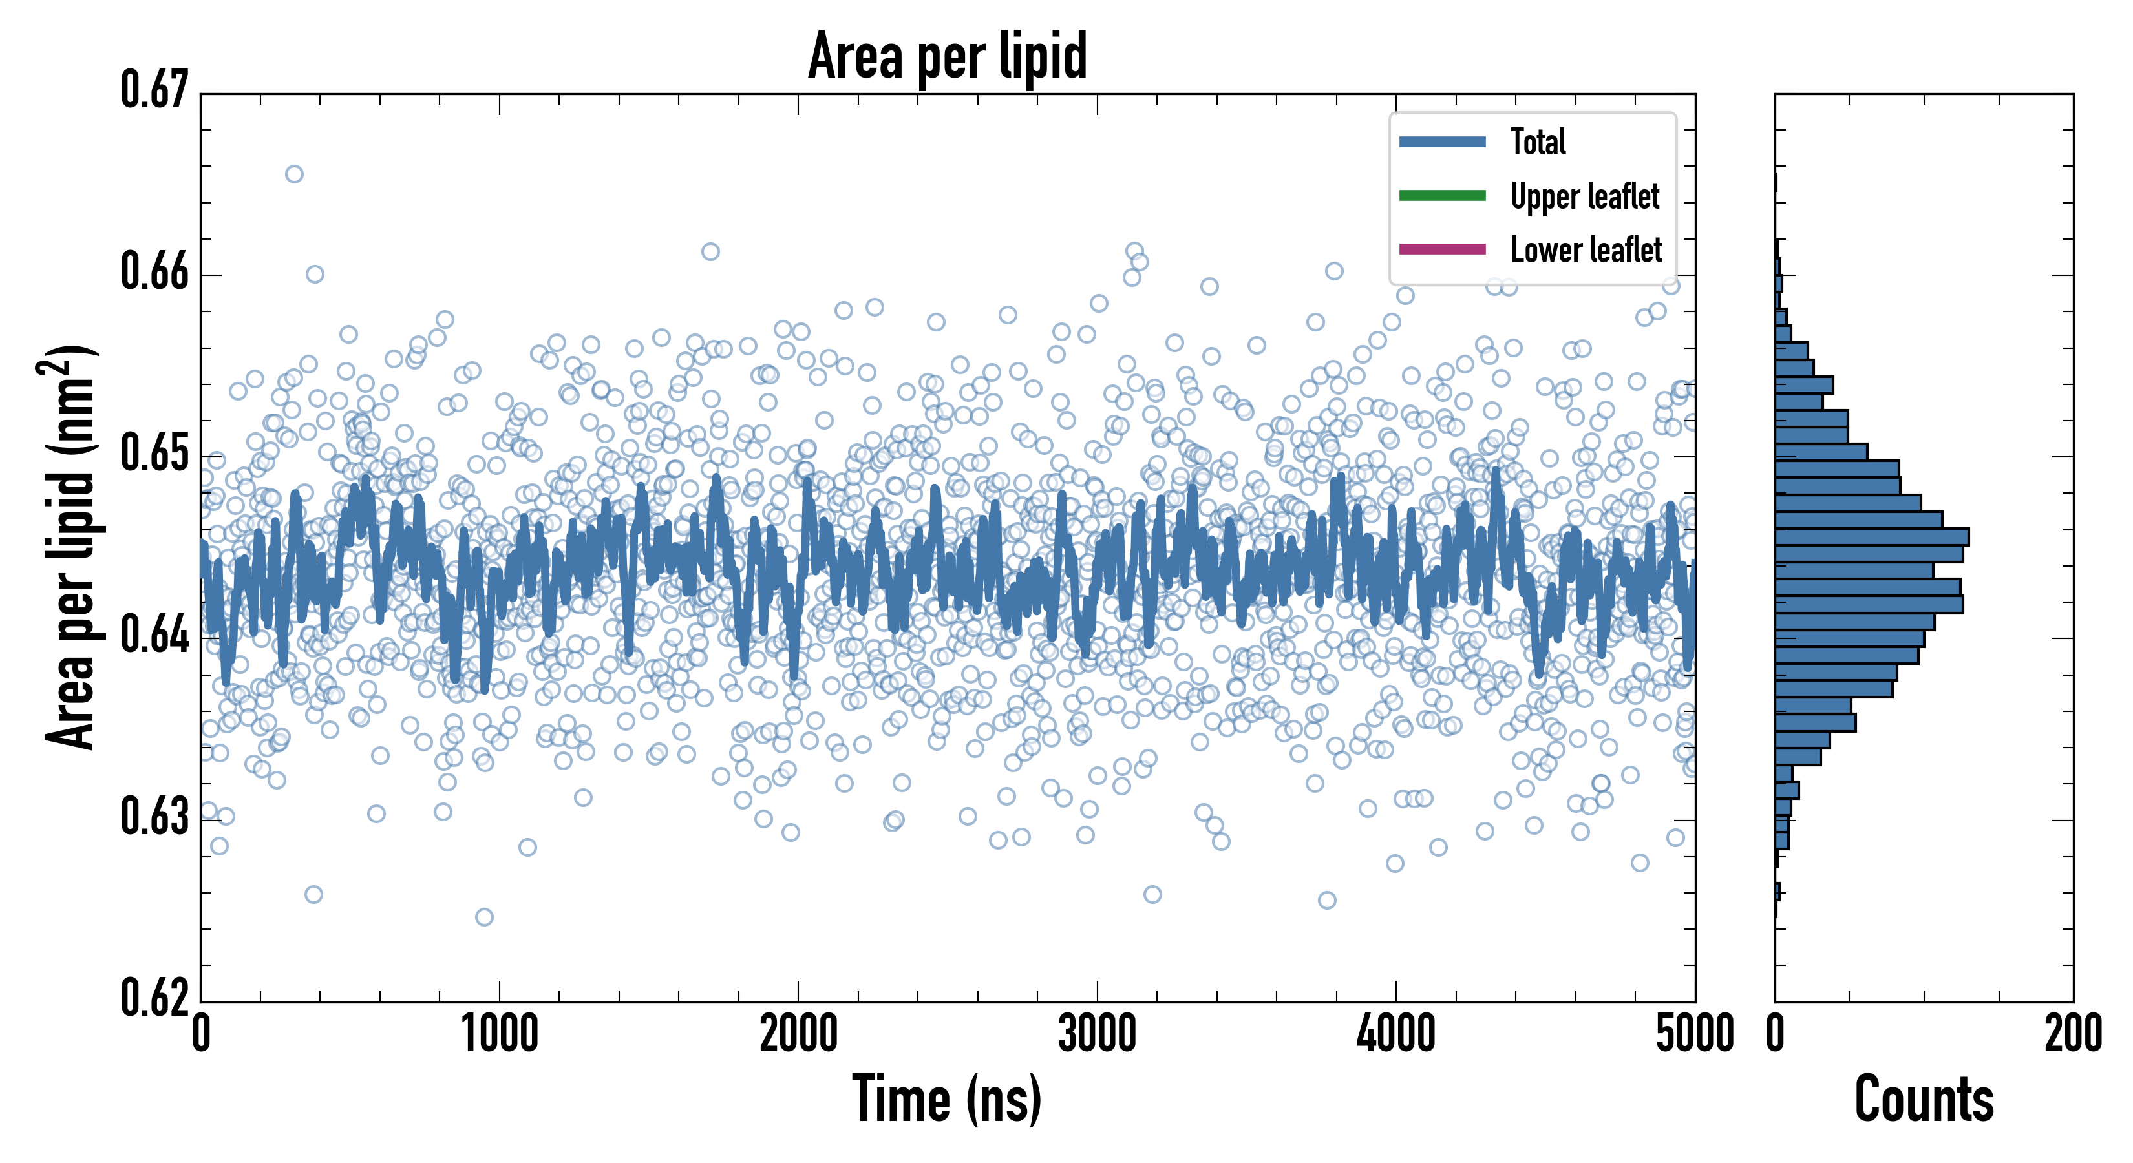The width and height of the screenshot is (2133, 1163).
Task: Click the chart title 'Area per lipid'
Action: pos(948,56)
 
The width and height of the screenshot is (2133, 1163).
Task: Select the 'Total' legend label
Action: pos(1538,141)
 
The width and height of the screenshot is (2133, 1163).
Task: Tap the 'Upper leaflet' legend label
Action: pos(1584,196)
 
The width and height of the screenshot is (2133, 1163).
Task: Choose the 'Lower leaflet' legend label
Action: pos(1586,249)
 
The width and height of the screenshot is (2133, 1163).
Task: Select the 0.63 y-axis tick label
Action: pos(155,816)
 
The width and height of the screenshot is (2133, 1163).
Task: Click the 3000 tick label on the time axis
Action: pos(1097,1034)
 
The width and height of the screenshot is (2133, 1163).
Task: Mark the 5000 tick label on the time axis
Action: pos(1694,1034)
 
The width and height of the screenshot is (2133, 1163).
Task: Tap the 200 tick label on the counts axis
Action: pos(2072,1034)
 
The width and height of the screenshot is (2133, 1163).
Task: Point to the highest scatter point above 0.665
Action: pos(294,174)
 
